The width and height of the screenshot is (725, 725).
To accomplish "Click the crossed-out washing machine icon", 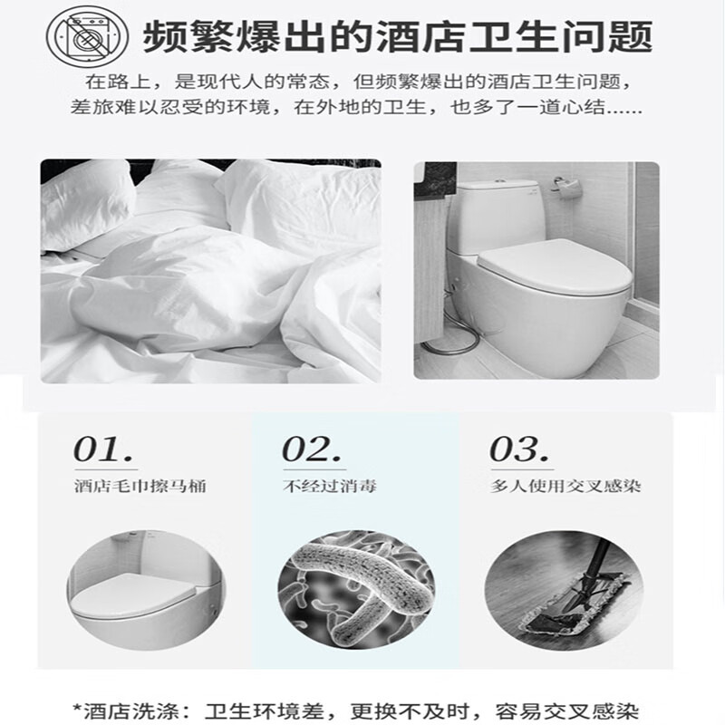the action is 87,37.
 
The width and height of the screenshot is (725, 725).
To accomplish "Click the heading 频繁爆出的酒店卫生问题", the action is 398,37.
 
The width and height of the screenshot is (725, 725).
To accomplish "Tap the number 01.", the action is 102,449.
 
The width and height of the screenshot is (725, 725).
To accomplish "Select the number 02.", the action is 311,449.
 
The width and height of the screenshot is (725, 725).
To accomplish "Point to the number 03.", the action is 518,449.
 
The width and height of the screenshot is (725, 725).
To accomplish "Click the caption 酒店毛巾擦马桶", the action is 140,487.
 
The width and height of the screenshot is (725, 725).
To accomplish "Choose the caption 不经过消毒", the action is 330,487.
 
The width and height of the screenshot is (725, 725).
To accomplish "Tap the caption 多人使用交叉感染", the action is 565,487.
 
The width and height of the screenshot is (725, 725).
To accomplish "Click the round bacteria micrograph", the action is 355,591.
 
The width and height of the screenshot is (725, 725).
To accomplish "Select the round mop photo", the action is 564,591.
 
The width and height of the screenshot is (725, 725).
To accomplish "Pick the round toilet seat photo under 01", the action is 146,591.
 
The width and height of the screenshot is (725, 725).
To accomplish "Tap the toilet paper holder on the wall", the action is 566,188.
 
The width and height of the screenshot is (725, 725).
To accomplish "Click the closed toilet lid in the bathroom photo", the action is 555,266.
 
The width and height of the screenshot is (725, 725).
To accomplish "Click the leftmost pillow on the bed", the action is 85,206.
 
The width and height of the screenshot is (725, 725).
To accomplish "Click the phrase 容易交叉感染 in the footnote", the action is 567,711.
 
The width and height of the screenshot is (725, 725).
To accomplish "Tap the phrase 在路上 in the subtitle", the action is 119,82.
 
